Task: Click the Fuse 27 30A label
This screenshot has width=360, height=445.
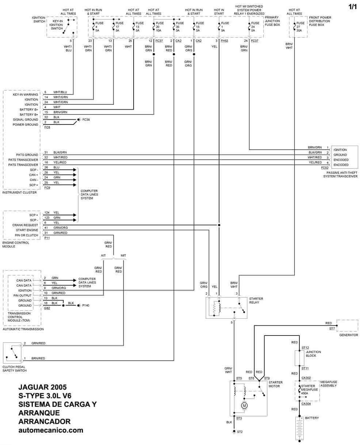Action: point(300,27)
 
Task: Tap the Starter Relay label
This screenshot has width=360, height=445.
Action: point(256,300)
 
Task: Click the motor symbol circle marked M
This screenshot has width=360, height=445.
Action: point(245,406)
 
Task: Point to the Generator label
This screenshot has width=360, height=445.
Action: point(348,335)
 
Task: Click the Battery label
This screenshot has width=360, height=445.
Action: point(312,418)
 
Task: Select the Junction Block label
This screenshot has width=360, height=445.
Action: point(314,354)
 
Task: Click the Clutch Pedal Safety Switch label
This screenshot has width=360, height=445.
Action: point(15,369)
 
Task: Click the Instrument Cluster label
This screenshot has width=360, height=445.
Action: point(20,192)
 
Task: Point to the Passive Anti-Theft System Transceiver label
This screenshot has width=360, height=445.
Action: point(340,174)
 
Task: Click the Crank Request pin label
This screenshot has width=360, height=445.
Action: point(25,225)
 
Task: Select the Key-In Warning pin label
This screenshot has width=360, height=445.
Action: point(26,95)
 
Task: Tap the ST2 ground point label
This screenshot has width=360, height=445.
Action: point(240,432)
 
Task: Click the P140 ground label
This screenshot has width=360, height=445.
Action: point(86,305)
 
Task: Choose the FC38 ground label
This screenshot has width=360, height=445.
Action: point(86,120)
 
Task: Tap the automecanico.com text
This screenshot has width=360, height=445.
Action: point(51,430)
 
